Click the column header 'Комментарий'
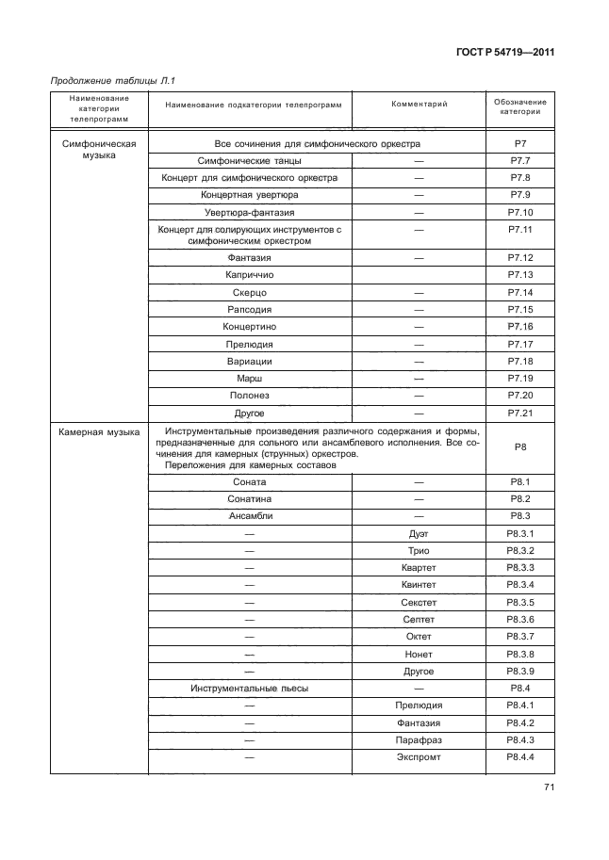click(418, 104)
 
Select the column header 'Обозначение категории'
click(520, 105)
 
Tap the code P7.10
click(520, 212)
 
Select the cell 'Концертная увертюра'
click(251, 195)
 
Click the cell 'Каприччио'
click(251, 275)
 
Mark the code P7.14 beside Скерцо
click(520, 293)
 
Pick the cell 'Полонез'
click(251, 395)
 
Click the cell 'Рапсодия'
click(251, 310)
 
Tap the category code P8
click(520, 448)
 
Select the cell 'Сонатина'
click(251, 499)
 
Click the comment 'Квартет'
click(418, 568)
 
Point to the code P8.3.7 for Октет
click(520, 637)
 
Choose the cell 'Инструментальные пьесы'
click(251, 689)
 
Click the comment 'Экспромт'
click(418, 757)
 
